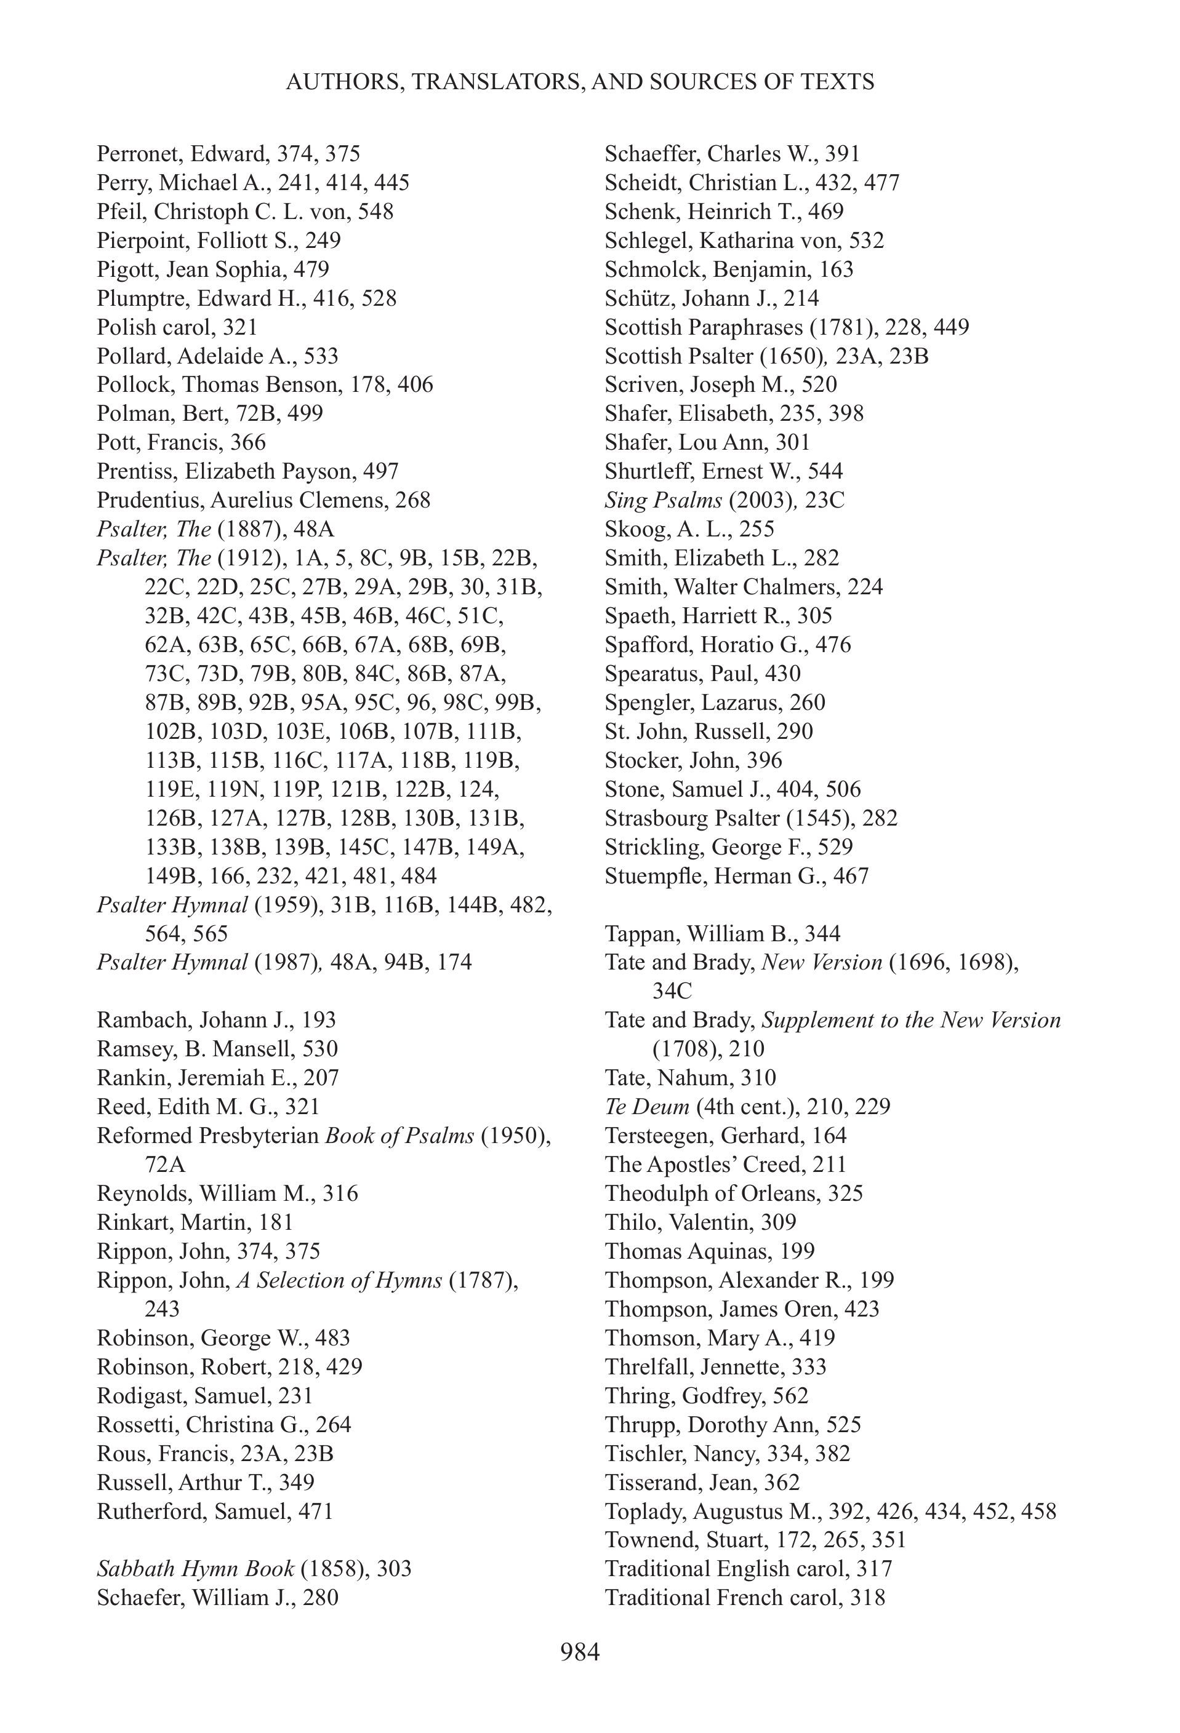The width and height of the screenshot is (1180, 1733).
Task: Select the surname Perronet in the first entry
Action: point(140,154)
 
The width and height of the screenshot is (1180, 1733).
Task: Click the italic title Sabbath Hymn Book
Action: point(195,1569)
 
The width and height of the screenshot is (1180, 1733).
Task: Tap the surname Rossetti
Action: point(137,1424)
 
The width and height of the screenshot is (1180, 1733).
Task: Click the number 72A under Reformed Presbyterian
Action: point(165,1165)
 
